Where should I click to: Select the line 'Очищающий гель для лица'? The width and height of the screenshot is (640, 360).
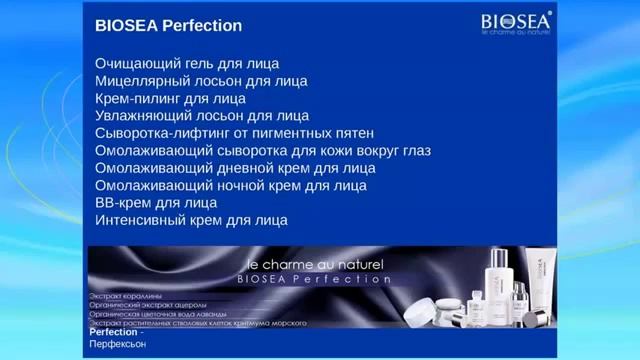187,63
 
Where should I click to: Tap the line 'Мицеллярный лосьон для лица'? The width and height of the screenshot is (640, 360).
201,81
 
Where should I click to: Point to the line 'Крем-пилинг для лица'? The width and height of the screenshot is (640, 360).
170,98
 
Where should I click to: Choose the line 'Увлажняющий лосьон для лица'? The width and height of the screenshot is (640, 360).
202,116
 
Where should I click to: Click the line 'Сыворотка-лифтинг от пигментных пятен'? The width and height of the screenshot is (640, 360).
234,133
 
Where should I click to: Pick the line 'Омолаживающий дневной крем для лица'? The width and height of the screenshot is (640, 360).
235,168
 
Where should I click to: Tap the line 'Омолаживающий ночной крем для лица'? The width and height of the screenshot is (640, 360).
230,185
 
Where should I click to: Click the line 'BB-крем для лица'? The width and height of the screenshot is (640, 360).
156,203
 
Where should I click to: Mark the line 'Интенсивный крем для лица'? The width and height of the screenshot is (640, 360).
191,220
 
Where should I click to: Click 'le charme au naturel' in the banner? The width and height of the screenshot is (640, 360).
314,264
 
